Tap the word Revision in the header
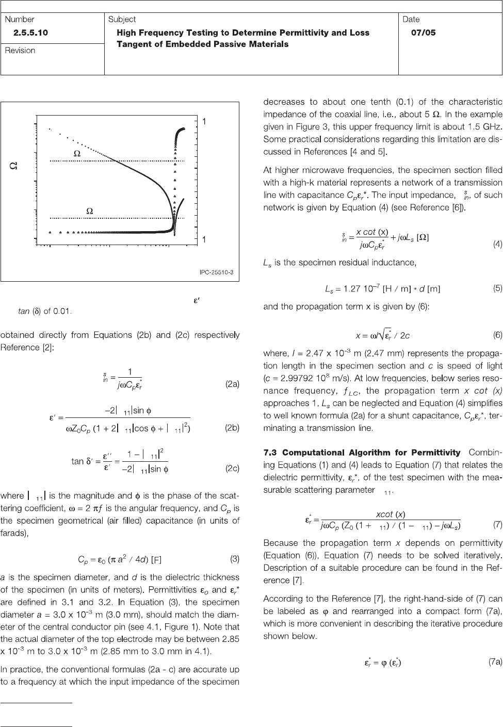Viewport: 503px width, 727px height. click(20, 51)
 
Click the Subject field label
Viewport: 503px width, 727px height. click(122, 20)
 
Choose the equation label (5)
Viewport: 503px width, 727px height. click(497, 289)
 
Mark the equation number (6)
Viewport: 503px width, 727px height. click(497, 335)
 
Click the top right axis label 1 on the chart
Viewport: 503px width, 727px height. click(204, 121)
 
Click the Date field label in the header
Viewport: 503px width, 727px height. click(411, 20)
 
